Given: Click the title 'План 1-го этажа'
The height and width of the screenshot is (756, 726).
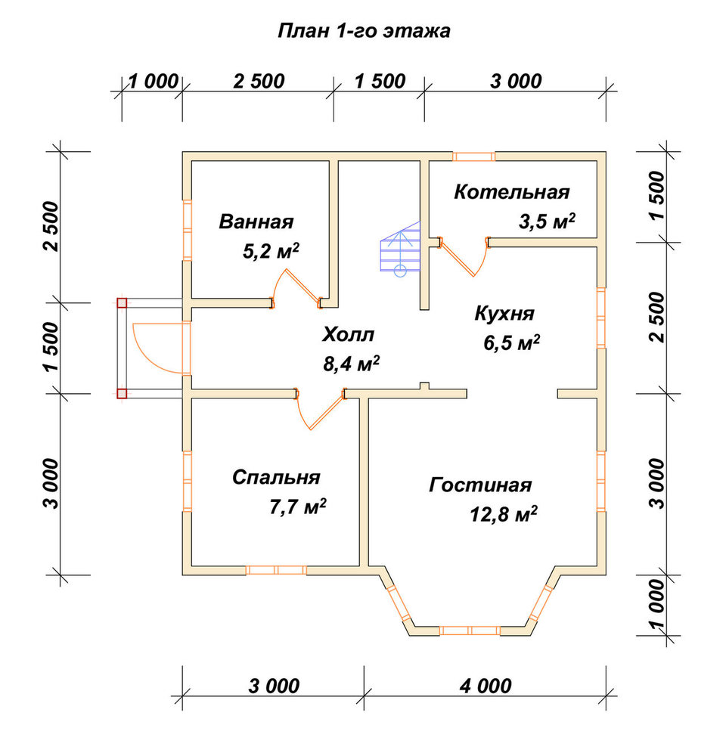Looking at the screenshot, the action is (x=364, y=31).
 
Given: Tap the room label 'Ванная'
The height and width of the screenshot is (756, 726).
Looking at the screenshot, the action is (x=256, y=222).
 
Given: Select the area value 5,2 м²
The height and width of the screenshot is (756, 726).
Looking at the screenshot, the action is (x=271, y=251).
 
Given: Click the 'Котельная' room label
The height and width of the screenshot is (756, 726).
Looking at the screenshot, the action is (x=512, y=192).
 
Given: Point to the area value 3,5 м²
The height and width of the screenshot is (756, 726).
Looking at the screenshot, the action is (x=547, y=222).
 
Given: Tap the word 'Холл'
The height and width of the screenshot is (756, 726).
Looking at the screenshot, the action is (x=348, y=335).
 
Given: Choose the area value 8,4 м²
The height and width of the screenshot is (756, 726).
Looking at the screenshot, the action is (x=351, y=364).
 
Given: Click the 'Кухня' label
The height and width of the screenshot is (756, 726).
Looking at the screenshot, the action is (x=504, y=314).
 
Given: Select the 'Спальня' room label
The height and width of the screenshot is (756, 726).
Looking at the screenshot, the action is (x=276, y=477).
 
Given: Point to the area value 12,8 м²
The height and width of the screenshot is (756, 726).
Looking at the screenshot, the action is (x=504, y=514).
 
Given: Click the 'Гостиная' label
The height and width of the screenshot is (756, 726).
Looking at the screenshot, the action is (x=480, y=485).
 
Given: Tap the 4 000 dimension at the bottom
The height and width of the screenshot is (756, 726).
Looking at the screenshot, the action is (x=486, y=686).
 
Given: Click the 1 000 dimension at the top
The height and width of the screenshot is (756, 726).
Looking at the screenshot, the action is (x=154, y=82).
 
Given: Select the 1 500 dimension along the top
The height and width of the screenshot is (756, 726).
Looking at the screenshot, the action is (x=380, y=82).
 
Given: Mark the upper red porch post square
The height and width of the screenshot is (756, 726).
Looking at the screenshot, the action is (x=122, y=303).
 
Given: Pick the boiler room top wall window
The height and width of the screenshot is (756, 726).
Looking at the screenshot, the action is (x=473, y=156).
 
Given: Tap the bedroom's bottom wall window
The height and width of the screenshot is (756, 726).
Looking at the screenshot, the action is (x=277, y=570).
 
